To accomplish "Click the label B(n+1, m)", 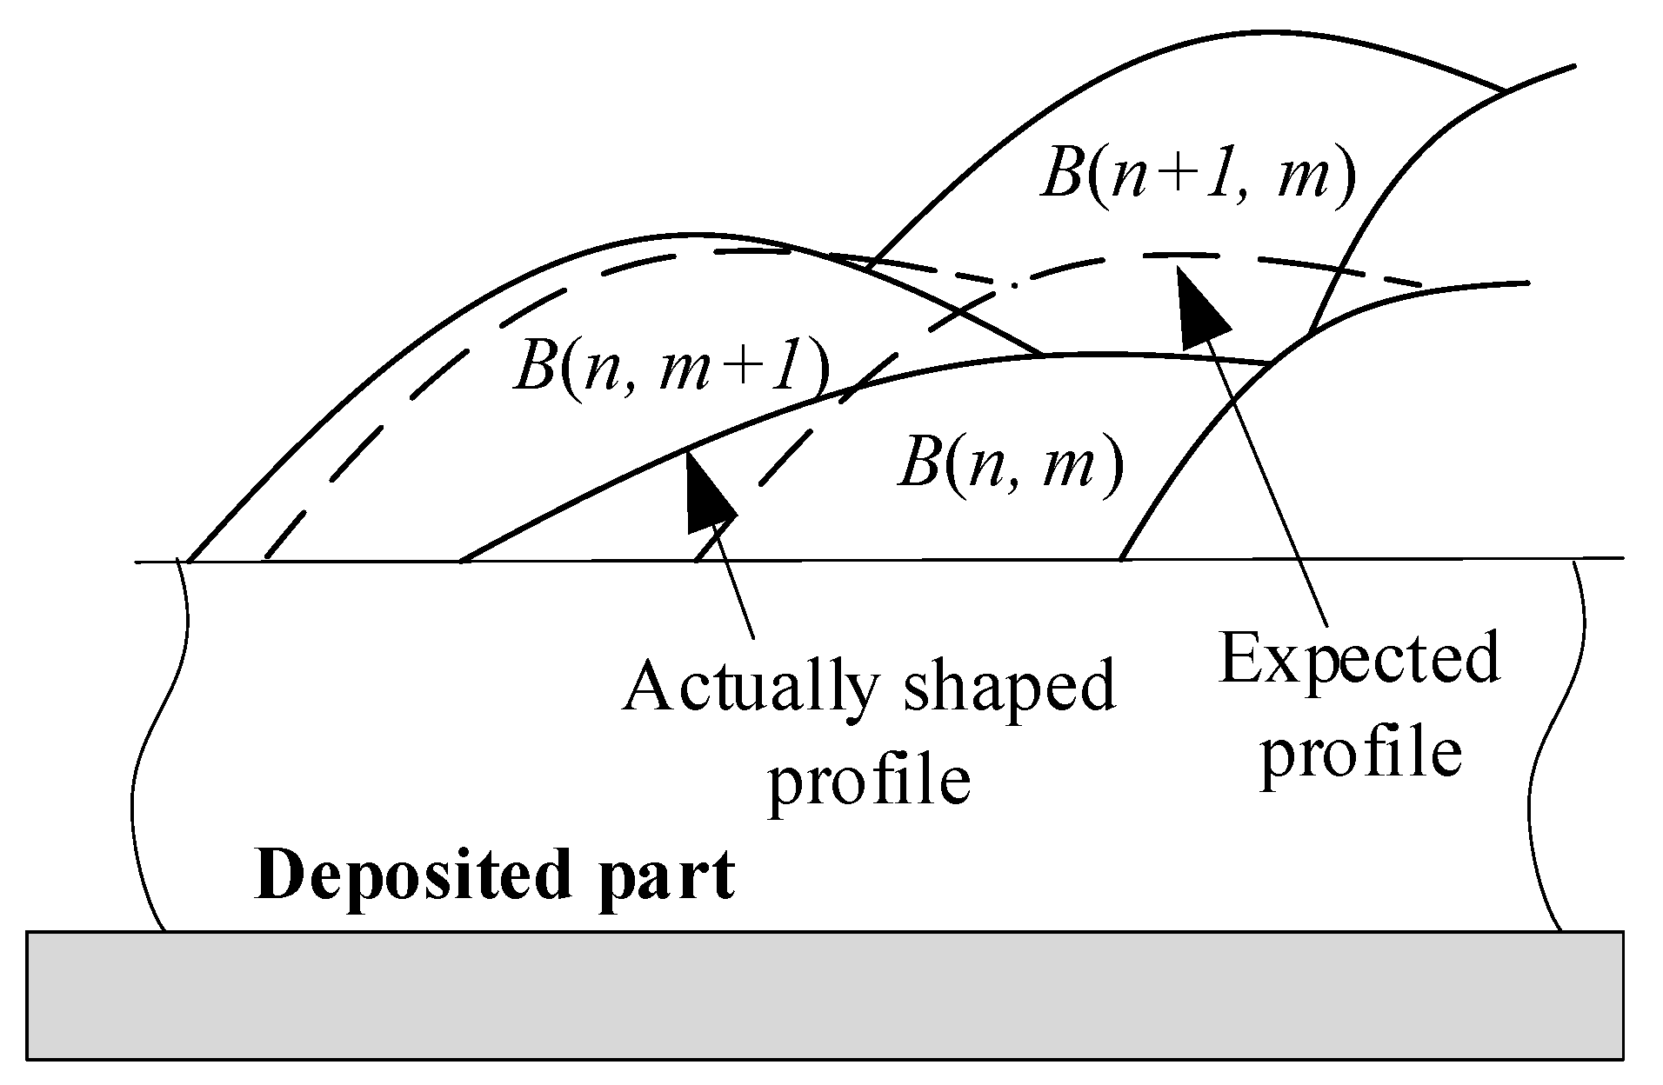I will pyautogui.click(x=1198, y=176).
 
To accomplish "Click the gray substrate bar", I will pyautogui.click(x=825, y=995).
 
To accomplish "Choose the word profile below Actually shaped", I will pyautogui.click(x=869, y=780).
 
